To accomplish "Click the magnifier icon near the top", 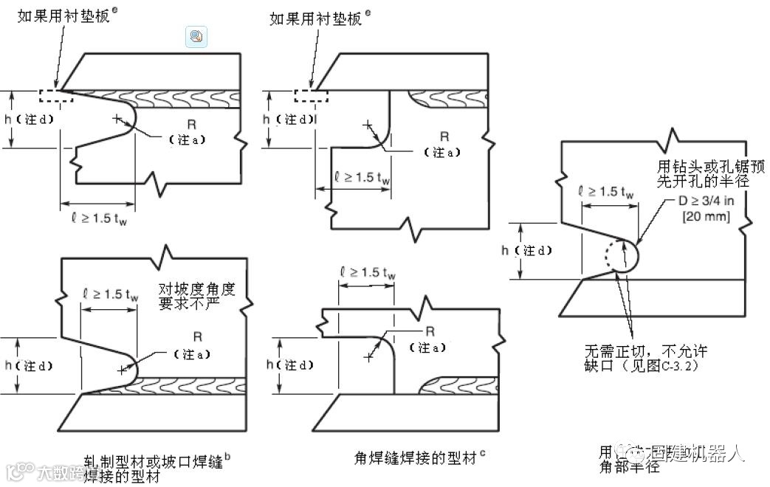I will tap(196, 36).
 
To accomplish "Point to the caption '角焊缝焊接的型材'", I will tap(416, 458).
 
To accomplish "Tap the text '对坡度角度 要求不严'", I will tap(196, 295).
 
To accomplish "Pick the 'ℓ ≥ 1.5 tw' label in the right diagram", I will tap(607, 191).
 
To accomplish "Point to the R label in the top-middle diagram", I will tap(444, 137).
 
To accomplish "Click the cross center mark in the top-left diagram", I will tap(116, 118).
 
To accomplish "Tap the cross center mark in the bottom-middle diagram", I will tap(368, 356).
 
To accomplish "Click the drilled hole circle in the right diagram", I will tap(622, 256).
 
